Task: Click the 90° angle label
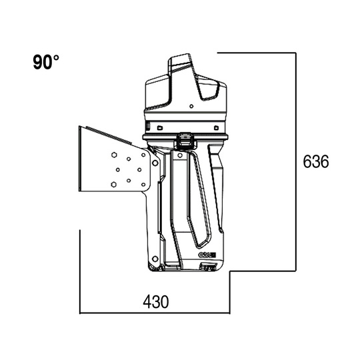pyautogui.click(x=45, y=62)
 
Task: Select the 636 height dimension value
pyautogui.click(x=315, y=162)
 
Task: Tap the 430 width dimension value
pyautogui.click(x=155, y=301)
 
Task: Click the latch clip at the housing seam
pyautogui.click(x=185, y=140)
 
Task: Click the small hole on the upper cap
pyautogui.click(x=191, y=105)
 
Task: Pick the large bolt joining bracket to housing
pyautogui.click(x=155, y=162)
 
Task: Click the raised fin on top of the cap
pyautogui.click(x=181, y=63)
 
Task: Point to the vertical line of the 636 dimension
pyautogui.click(x=295, y=160)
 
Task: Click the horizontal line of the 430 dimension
pyautogui.click(x=155, y=313)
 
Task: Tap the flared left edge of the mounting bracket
pyautogui.click(x=80, y=160)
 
